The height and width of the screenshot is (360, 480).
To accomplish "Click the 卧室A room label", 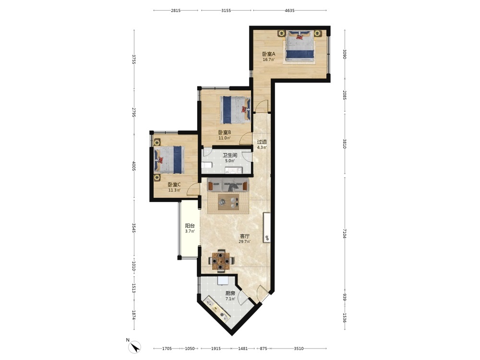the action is pos(269,54).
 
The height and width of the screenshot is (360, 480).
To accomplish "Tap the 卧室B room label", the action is pos(224,132).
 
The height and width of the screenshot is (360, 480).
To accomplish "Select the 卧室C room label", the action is pos(174,185).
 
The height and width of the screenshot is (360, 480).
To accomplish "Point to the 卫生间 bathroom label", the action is pos(230,155).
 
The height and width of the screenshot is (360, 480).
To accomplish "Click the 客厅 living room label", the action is pos(245,236).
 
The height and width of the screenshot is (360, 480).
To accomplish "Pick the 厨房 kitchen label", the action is pos(230,293).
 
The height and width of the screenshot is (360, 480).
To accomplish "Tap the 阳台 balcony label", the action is pos(190,226).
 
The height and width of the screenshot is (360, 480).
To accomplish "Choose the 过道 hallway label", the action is pos(262,142).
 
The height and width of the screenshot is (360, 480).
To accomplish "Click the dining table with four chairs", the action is pos(221,261).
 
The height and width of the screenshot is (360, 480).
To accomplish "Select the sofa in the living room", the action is pos(228,185).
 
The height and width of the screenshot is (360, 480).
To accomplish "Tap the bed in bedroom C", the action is pos(168,160).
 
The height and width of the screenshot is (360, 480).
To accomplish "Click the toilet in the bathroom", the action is pos(206,165).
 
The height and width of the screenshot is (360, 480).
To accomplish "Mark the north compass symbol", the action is pos(134,347).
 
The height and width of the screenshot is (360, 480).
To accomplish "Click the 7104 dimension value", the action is pos(344,233).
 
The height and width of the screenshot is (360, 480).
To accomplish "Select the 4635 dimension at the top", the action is pos(289,11).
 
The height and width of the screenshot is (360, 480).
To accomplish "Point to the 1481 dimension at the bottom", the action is pos(243,348).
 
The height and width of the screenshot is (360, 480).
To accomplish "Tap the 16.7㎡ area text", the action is pos(269,60).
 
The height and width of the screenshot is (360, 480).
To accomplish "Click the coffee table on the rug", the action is pos(228,202).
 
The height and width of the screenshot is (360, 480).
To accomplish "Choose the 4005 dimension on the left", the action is pos(134,166).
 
